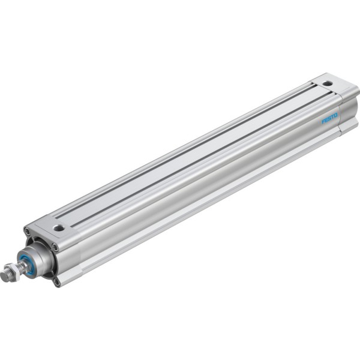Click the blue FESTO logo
329,118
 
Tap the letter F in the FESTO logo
323,121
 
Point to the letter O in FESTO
336,115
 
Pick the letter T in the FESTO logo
332,116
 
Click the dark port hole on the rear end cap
328,83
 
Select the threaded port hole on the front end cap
59,228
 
